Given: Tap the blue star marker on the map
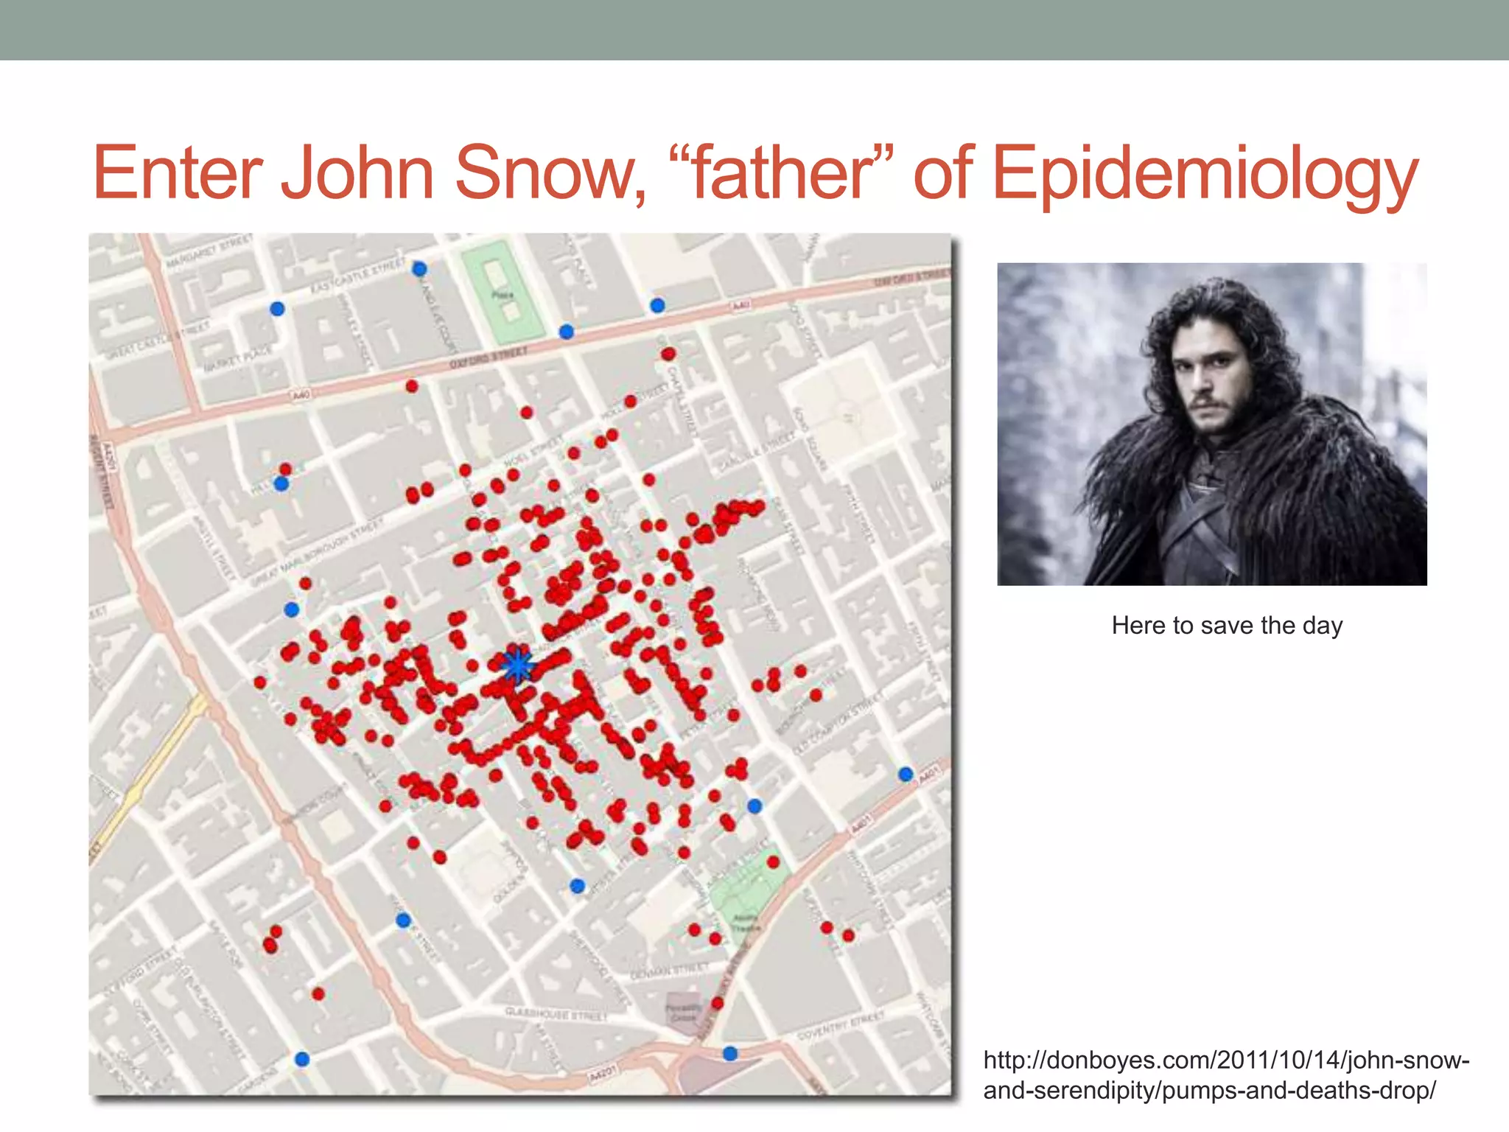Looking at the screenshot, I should click(518, 665).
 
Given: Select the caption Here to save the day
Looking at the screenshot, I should click(1227, 626).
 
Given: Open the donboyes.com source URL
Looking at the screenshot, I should click(1225, 1075).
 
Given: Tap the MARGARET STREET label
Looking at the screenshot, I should click(209, 251).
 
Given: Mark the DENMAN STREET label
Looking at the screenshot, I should click(670, 970).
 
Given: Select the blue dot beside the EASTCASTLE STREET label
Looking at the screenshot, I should click(419, 269).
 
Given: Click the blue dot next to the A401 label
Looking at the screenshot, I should click(906, 774).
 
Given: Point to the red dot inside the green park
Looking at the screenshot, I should click(773, 862).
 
